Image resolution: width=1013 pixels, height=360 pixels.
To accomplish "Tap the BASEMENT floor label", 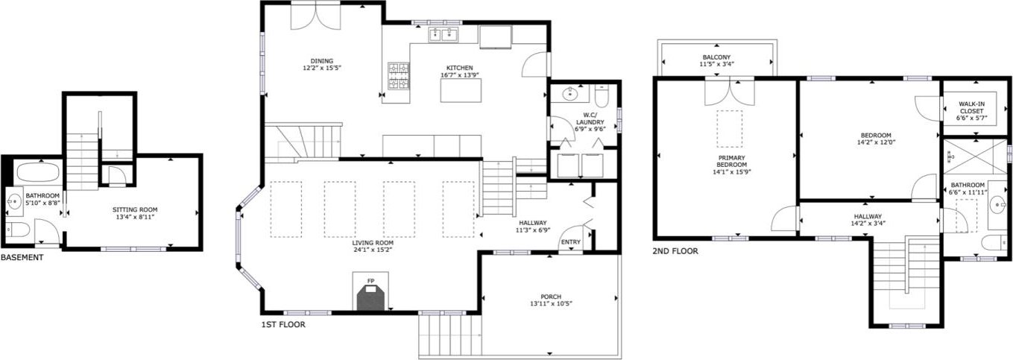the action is pos(22,257).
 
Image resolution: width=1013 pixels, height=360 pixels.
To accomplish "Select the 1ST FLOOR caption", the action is pos(283,324).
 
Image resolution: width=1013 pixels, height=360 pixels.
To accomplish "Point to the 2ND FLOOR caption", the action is pos(675,250).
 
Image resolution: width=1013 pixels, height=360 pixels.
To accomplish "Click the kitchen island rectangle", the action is pos(461,90).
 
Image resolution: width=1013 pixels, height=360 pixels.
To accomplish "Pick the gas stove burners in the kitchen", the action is pos(398,76).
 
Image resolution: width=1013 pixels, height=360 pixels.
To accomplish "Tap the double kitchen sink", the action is pos(444,34).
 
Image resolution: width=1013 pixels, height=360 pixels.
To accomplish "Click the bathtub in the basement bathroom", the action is pos(39,172).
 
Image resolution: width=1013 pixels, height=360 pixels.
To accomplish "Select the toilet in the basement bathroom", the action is pos(19,230).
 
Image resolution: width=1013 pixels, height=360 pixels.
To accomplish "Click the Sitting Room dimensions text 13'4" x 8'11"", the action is pos(135,217).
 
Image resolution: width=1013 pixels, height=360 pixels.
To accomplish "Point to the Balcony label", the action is pos(716,57).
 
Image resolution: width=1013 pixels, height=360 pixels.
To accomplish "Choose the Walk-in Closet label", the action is pos(971,107).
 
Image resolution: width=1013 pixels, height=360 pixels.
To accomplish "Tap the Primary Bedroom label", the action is pos(731,162).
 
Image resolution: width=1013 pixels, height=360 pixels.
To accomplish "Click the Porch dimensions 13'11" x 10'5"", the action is pos(551,303).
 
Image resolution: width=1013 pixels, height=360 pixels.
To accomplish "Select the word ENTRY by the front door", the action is pos(571,242).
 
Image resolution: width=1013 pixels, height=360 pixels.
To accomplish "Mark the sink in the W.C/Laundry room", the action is pos(569,94).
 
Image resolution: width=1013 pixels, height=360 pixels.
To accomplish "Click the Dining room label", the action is pos(321,61).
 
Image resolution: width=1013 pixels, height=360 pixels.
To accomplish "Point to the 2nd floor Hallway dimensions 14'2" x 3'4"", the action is pos(868,223).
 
